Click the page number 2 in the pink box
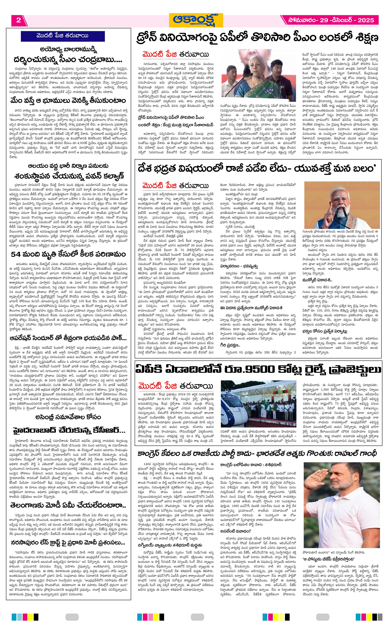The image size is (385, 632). [18, 20]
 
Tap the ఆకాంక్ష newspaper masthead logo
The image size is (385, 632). [196, 20]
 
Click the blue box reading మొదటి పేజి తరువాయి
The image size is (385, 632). [63, 36]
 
